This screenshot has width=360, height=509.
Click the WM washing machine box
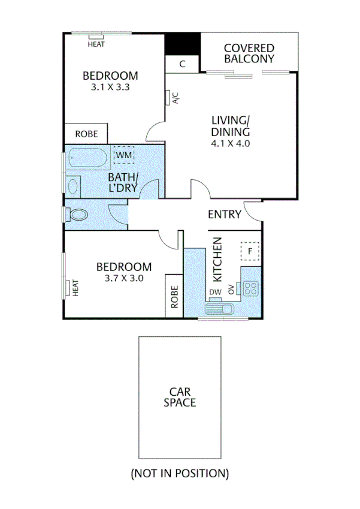[123, 156]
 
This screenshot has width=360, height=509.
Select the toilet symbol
[76, 214]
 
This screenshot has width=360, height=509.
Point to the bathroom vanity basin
[72, 185]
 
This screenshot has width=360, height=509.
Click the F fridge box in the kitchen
[250, 251]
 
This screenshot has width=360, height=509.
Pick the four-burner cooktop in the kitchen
[250, 288]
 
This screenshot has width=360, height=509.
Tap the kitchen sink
[220, 309]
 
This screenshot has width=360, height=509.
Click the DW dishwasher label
[215, 292]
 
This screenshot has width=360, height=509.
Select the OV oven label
[231, 290]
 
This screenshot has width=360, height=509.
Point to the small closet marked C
[182, 64]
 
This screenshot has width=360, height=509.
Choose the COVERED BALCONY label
[249, 53]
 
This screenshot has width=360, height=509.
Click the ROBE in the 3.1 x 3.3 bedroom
[86, 134]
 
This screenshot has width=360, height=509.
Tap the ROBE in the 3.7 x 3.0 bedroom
[174, 296]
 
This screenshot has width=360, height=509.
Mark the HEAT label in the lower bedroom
[76, 287]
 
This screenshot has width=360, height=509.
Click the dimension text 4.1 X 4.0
[230, 144]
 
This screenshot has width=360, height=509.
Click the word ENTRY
[224, 215]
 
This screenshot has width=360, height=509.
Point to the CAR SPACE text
[180, 397]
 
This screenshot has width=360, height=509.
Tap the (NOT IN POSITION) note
[180, 473]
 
